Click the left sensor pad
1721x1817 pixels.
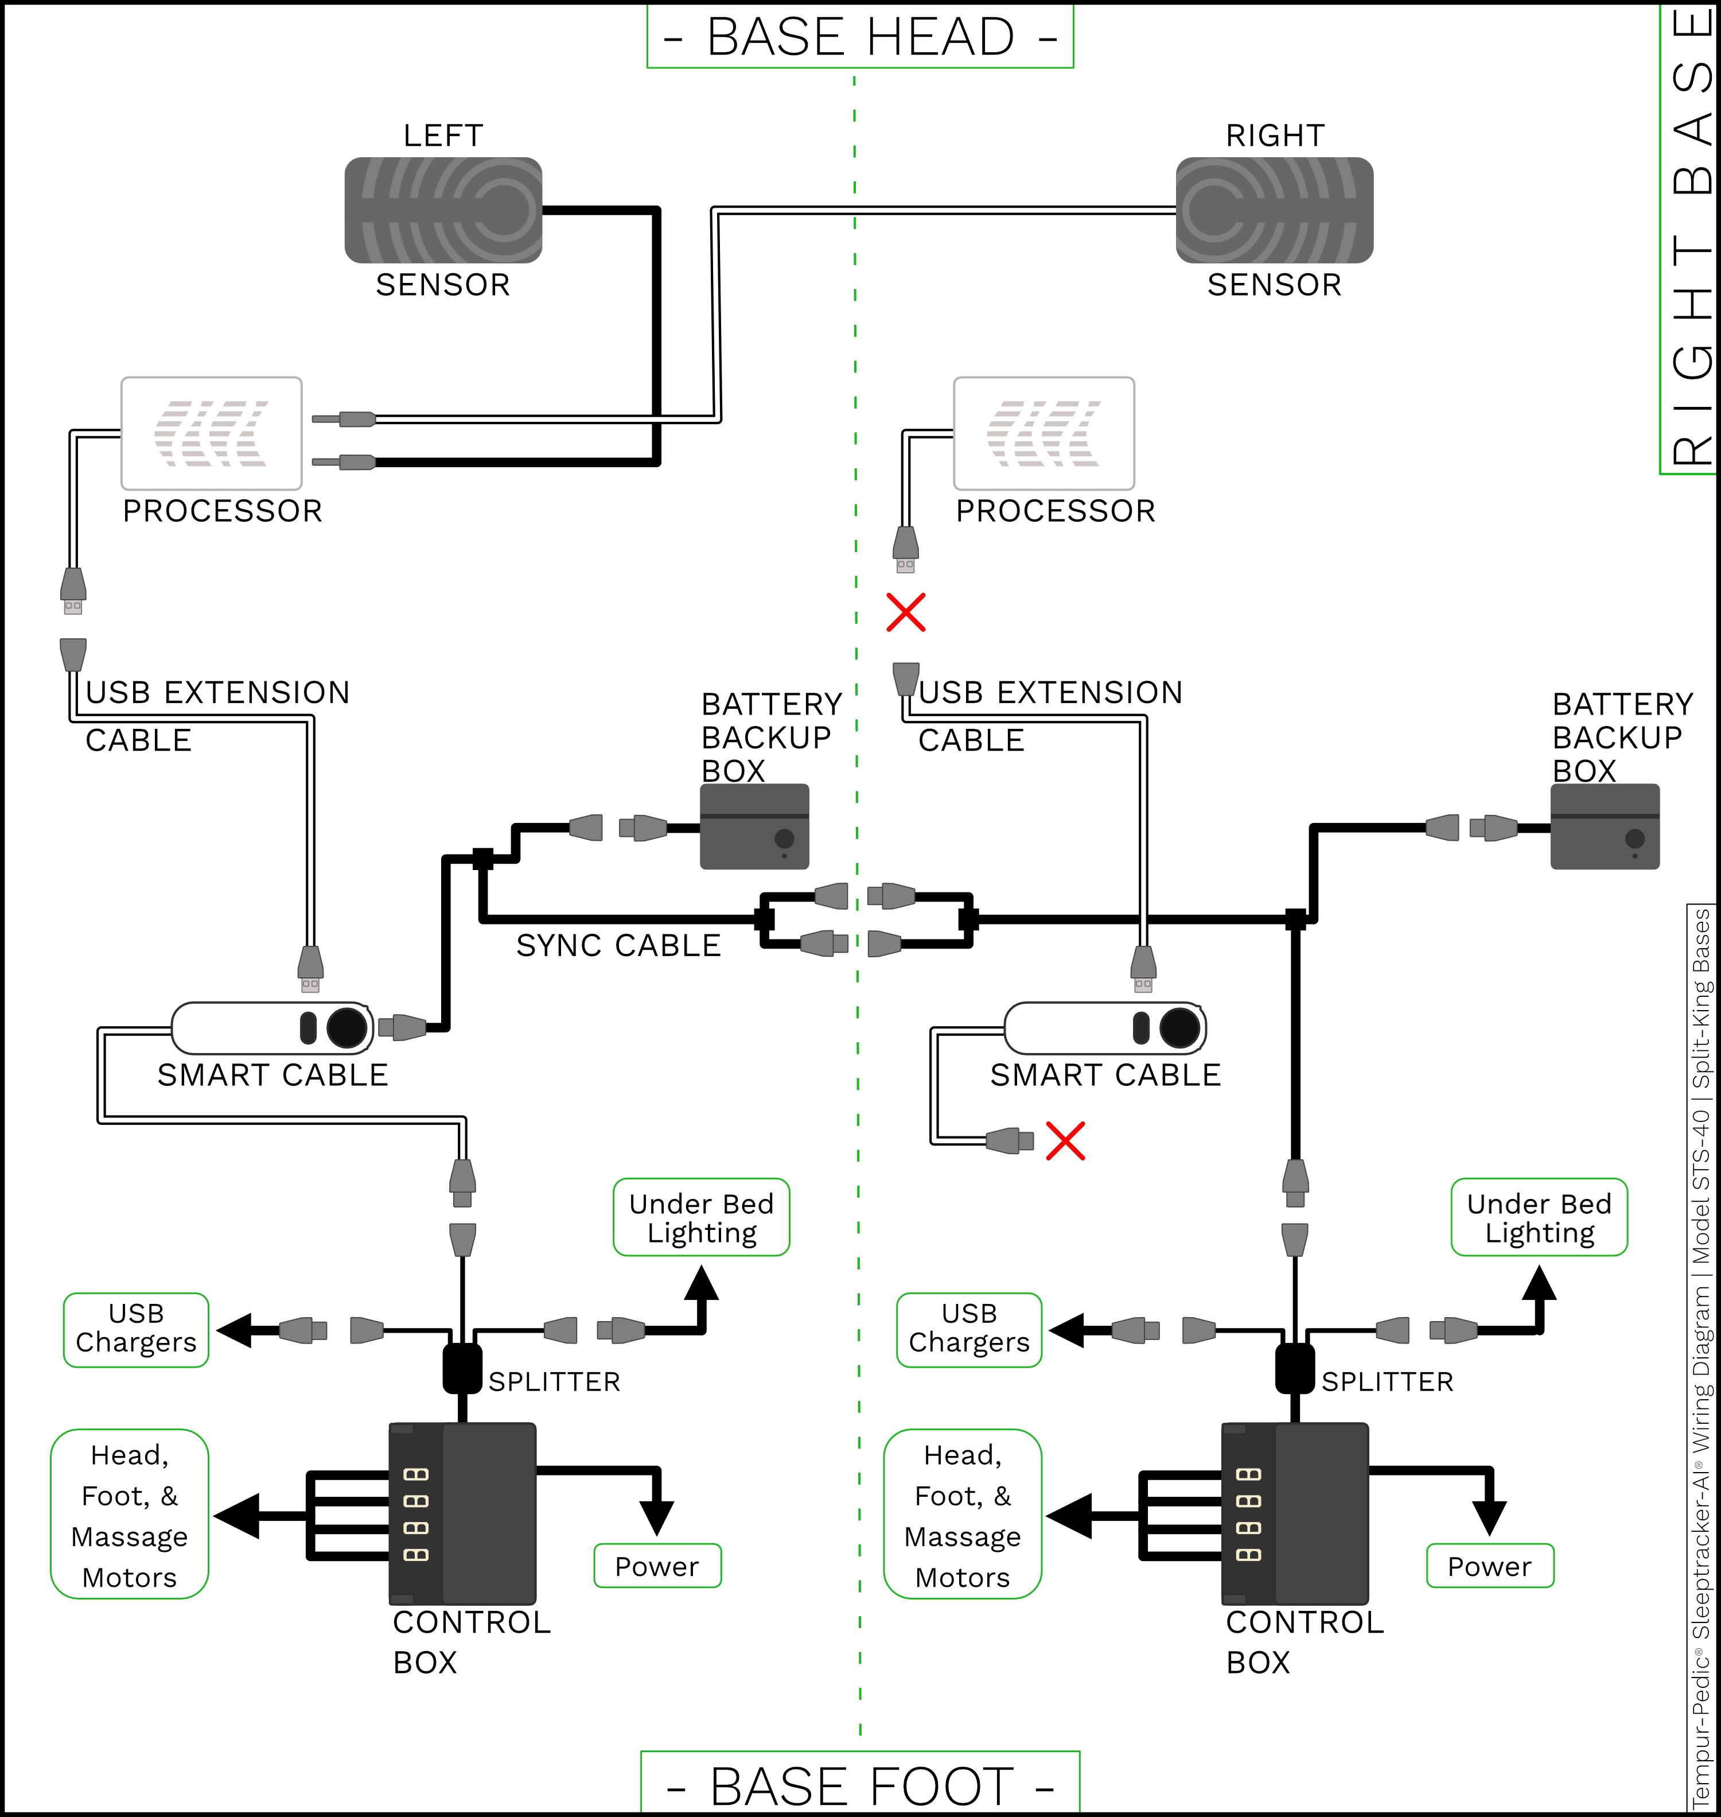[x=443, y=210]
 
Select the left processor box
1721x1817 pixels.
[x=211, y=433]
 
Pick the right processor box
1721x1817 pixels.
[x=1044, y=433]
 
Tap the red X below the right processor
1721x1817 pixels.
[x=905, y=612]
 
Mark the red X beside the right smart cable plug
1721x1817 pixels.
[x=1065, y=1141]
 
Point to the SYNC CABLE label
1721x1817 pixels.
[x=618, y=945]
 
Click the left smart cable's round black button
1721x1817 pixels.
[x=346, y=1028]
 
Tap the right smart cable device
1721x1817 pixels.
[x=1104, y=1028]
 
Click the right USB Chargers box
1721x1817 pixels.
[x=969, y=1330]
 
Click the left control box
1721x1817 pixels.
[x=462, y=1513]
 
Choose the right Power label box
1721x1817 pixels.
[x=1490, y=1566]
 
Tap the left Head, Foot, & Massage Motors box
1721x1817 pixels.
[x=129, y=1514]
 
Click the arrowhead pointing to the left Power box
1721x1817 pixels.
[x=657, y=1519]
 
